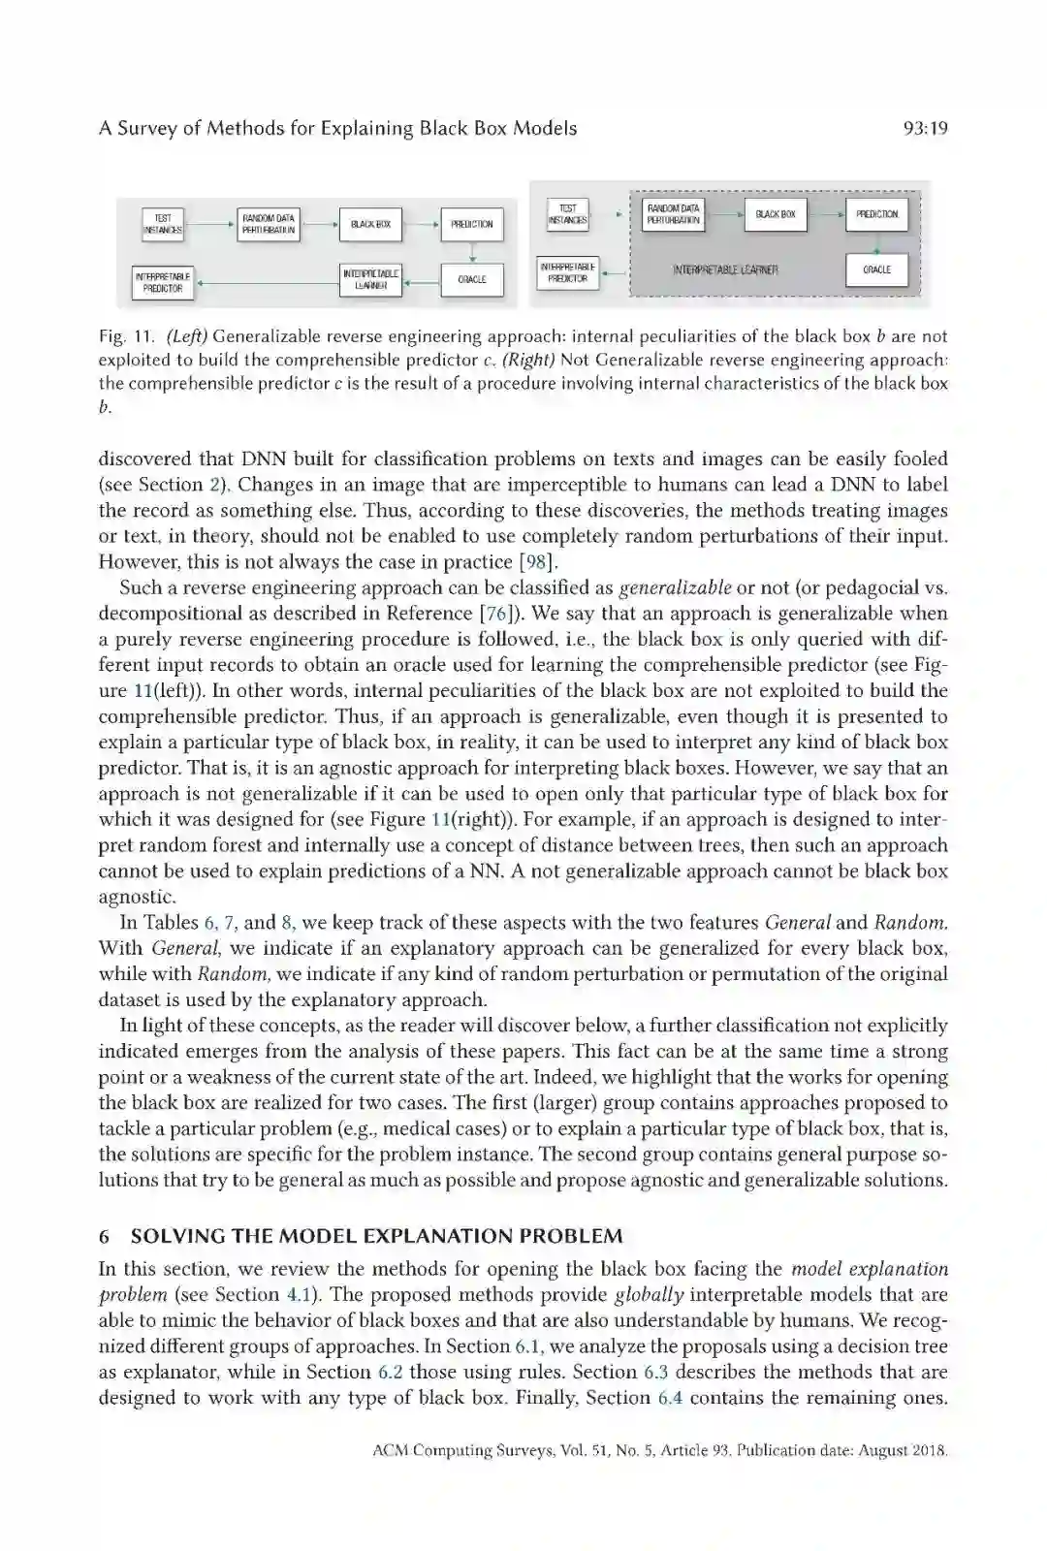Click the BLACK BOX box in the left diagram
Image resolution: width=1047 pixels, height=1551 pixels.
click(x=370, y=224)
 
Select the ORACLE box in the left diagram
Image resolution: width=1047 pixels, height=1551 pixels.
click(x=472, y=279)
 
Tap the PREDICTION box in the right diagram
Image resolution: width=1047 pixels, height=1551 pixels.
click(x=876, y=214)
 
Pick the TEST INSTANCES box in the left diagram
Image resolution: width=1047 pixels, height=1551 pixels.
click(x=163, y=224)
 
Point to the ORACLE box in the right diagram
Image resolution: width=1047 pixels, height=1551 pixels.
click(x=876, y=269)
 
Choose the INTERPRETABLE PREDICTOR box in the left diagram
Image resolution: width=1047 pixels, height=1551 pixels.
click(x=163, y=282)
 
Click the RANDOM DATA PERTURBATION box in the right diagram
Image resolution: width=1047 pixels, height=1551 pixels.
click(x=674, y=214)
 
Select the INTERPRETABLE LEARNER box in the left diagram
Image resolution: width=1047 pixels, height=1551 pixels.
click(x=370, y=279)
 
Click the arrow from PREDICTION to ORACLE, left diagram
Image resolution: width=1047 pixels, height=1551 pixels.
click(x=472, y=251)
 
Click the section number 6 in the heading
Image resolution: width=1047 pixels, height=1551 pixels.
click(x=104, y=1236)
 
